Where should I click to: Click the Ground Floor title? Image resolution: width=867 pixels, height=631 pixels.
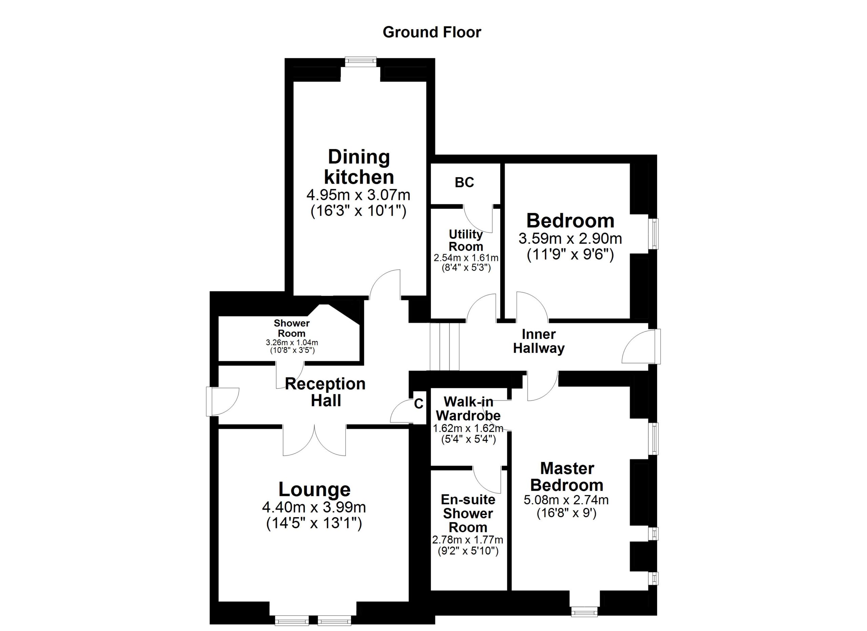pyautogui.click(x=431, y=33)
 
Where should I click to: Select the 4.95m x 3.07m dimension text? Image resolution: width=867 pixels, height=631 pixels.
pyautogui.click(x=358, y=196)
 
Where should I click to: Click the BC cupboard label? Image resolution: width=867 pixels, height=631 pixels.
pyautogui.click(x=464, y=183)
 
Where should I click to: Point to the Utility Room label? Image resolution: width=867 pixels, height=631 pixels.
pyautogui.click(x=466, y=240)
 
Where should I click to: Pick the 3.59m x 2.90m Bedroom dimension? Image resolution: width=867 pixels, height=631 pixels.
pyautogui.click(x=570, y=239)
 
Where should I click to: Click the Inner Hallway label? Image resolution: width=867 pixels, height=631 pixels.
pyautogui.click(x=538, y=342)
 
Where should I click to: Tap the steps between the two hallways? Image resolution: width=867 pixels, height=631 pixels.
pyautogui.click(x=444, y=346)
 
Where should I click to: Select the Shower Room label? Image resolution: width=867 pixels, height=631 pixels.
pyautogui.click(x=291, y=328)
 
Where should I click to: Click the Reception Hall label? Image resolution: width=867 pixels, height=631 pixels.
pyautogui.click(x=325, y=392)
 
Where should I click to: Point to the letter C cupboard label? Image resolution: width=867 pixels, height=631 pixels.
pyautogui.click(x=419, y=404)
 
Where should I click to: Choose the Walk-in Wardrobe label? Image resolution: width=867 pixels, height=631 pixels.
pyautogui.click(x=468, y=408)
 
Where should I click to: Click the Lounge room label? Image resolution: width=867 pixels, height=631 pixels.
pyautogui.click(x=314, y=489)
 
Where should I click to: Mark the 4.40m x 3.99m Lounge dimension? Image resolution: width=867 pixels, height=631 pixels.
pyautogui.click(x=314, y=507)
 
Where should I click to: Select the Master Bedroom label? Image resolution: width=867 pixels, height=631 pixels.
pyautogui.click(x=567, y=477)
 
